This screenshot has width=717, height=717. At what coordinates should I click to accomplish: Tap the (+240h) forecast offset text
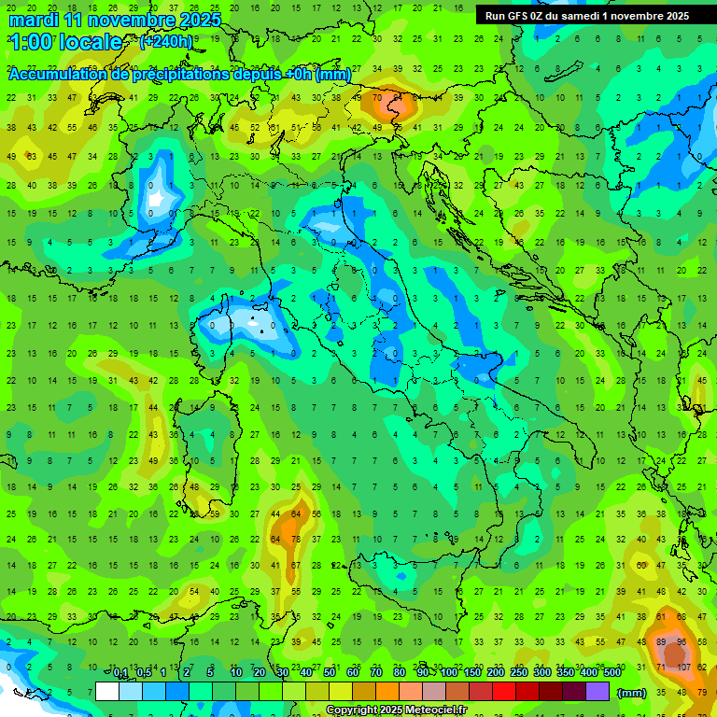tap(165, 42)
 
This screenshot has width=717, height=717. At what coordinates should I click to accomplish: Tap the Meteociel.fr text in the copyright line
tap(443, 710)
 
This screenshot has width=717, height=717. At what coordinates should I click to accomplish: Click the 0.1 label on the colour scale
tap(120, 674)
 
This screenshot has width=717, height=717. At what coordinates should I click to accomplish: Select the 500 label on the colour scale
tap(612, 674)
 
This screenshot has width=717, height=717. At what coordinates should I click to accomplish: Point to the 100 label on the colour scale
tap(449, 674)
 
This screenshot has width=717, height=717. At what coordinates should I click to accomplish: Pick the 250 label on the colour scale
tap(518, 674)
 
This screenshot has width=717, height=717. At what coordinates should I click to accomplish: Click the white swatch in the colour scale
tap(107, 692)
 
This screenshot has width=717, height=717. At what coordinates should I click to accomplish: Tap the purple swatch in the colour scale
tap(597, 692)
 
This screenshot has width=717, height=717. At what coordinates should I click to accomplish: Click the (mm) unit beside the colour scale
tap(633, 693)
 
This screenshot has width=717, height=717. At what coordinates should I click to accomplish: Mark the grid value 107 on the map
tap(683, 668)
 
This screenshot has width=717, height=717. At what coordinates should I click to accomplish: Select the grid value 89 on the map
tap(662, 642)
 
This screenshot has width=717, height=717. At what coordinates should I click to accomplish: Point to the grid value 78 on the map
tap(296, 539)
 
